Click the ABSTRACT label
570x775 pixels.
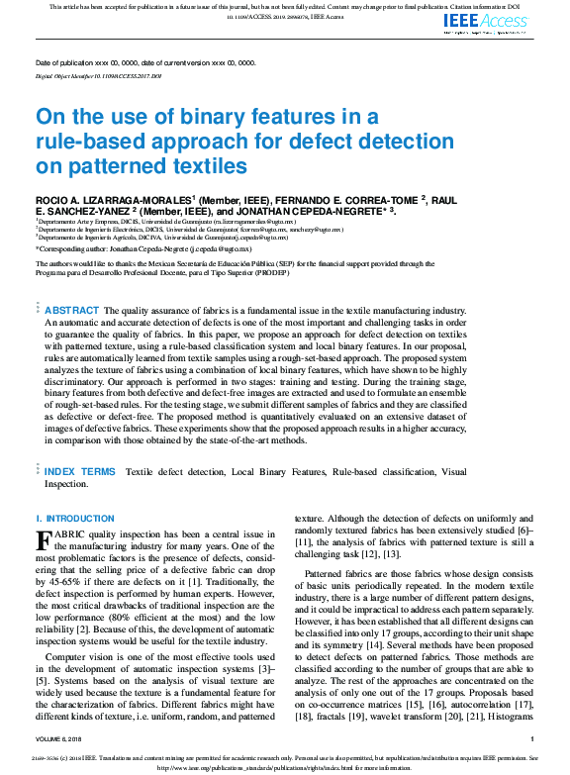click(x=72, y=311)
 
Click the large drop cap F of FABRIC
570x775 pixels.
click(x=43, y=541)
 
